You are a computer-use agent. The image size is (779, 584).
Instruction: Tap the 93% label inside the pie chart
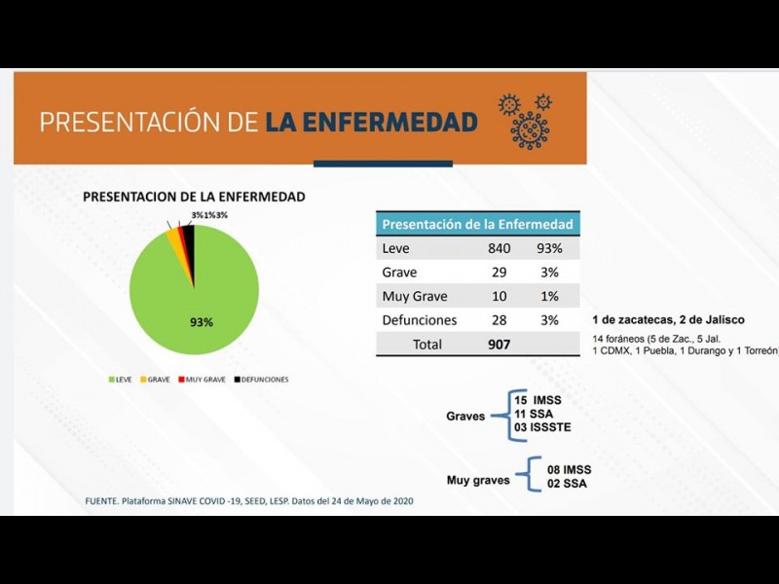pyautogui.click(x=202, y=321)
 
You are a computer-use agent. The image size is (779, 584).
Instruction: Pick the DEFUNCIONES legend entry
pyautogui.click(x=260, y=380)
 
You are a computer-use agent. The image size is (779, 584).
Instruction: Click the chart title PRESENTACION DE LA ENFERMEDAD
pyautogui.click(x=194, y=197)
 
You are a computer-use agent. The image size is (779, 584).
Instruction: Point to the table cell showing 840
pyautogui.click(x=499, y=249)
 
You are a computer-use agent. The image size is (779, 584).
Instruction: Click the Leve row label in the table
pyautogui.click(x=396, y=249)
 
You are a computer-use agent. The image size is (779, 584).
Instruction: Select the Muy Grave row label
pyautogui.click(x=409, y=296)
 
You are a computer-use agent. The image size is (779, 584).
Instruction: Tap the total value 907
pyautogui.click(x=499, y=344)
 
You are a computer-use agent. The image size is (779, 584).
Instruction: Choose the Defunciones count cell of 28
pyautogui.click(x=499, y=320)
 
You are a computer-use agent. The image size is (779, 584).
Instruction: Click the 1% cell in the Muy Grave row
pyautogui.click(x=549, y=296)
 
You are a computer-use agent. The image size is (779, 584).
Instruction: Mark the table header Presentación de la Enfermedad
pyautogui.click(x=477, y=224)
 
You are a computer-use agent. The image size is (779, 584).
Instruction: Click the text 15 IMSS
pyautogui.click(x=538, y=400)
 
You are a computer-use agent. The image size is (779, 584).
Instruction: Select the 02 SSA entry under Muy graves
pyautogui.click(x=567, y=484)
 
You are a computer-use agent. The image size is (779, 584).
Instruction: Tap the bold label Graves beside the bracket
pyautogui.click(x=465, y=416)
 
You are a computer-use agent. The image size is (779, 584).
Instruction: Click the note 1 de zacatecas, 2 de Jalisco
pyautogui.click(x=668, y=320)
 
